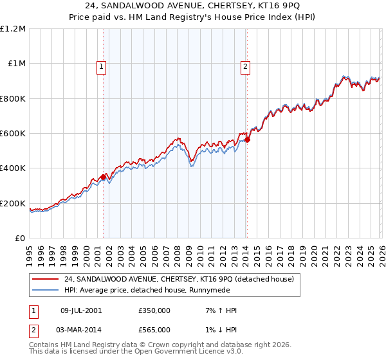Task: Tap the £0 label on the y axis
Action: [21, 239]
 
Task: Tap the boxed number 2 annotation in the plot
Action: [246, 65]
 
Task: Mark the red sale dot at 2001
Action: [103, 177]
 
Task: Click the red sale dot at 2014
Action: [247, 139]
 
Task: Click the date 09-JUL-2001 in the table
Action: [81, 310]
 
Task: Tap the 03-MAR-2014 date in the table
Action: [81, 330]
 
